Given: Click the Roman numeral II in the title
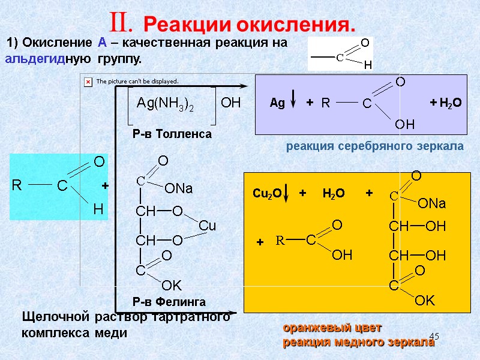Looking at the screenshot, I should (128, 23).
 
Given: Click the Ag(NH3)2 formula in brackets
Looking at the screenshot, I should (166, 103).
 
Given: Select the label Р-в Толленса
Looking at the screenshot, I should (172, 134).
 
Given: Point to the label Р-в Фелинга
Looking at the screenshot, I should (169, 301).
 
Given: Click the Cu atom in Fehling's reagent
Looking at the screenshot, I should (207, 226).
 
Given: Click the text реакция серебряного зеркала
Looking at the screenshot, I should (374, 146).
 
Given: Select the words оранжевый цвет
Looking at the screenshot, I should (332, 328).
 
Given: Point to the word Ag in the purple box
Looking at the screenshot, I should (277, 103).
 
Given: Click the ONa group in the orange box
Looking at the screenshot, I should (432, 204).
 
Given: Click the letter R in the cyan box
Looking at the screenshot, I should (17, 187).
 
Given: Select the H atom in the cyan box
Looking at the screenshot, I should (98, 210).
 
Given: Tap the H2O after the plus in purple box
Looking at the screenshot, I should (449, 103).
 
